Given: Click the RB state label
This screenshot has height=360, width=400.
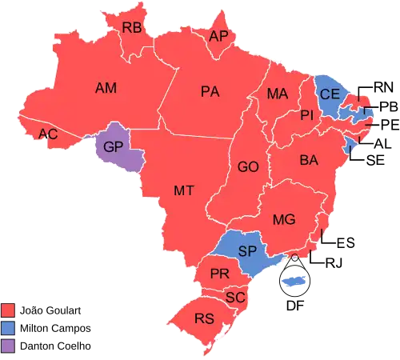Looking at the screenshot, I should [132, 28].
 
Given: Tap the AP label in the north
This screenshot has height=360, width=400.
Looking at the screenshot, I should [218, 37].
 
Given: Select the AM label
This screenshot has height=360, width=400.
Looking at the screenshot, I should [106, 87].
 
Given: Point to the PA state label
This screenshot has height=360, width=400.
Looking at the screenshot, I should [210, 92].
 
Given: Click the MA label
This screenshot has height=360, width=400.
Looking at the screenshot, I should [278, 94].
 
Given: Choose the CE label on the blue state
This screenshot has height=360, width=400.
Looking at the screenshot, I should [330, 94].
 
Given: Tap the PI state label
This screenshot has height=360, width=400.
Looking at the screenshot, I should [306, 116].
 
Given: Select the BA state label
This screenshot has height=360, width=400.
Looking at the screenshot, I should [309, 161].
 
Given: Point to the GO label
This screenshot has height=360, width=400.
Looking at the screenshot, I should [248, 168].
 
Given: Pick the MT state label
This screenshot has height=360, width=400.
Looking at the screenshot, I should [184, 190].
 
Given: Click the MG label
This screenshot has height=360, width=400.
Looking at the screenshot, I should [284, 219].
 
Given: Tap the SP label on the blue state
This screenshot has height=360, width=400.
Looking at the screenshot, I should [247, 251].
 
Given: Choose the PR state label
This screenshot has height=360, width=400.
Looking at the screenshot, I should [220, 274].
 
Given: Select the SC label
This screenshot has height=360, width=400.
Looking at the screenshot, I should [234, 297].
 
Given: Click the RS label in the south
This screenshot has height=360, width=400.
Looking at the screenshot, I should [204, 318].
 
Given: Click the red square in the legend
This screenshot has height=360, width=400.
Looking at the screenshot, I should [9, 309].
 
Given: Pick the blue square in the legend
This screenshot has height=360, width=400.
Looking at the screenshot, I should [9, 327].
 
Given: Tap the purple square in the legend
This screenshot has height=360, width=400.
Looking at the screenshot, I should [9, 346].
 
